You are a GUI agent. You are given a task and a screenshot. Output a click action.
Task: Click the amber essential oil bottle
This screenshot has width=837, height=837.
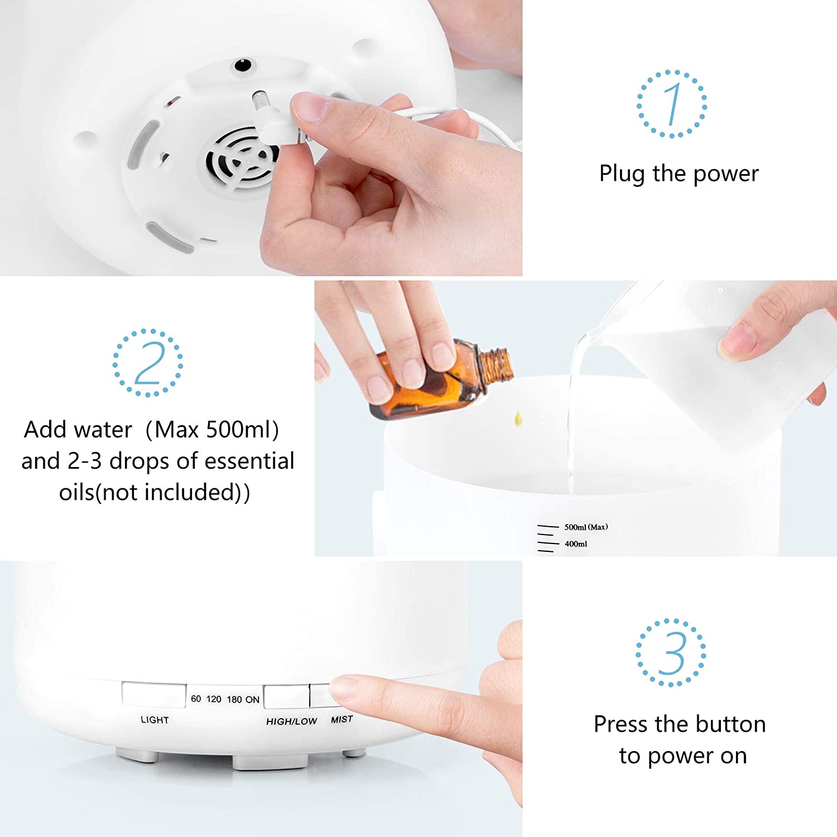[x=441, y=379]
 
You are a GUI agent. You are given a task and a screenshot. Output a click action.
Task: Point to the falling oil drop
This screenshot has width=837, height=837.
[x=518, y=417]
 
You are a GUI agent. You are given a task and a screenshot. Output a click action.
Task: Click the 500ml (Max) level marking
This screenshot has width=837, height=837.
[x=586, y=527]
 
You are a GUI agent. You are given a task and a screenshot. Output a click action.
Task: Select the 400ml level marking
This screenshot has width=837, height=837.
[x=575, y=544]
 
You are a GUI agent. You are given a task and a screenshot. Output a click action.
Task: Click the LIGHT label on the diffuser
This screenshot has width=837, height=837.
[x=155, y=720]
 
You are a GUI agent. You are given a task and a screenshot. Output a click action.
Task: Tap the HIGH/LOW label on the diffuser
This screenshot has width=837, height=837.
[x=291, y=721]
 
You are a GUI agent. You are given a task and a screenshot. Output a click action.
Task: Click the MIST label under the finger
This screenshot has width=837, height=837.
[x=342, y=720]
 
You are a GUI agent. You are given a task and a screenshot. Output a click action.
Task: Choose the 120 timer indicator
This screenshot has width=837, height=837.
[x=214, y=699]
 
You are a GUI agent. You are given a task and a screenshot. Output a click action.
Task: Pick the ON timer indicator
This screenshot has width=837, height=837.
[x=252, y=700]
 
